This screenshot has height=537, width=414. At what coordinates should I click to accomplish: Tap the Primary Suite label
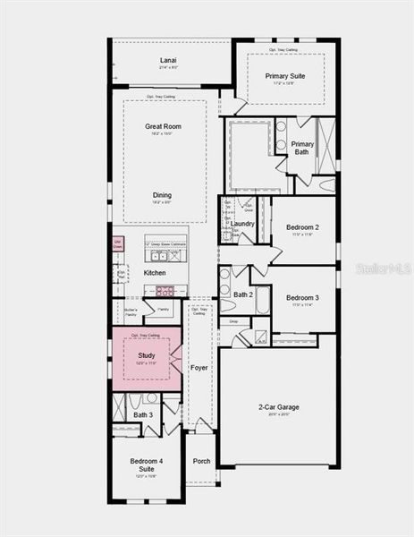[x=285, y=76]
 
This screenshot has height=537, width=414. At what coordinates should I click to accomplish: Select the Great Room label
[x=164, y=127]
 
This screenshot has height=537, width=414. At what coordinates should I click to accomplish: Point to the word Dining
[x=162, y=195]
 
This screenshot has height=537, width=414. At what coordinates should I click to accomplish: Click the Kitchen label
[x=155, y=272]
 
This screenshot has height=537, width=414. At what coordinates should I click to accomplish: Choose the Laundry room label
[x=242, y=224]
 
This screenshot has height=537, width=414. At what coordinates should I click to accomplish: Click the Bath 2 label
[x=243, y=294]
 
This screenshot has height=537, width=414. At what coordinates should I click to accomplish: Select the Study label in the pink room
[x=147, y=355]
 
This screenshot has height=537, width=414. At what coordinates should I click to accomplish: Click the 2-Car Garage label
[x=278, y=407]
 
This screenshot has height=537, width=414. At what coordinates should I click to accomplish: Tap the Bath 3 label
[x=143, y=414]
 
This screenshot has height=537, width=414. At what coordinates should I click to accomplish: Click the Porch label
[x=202, y=462]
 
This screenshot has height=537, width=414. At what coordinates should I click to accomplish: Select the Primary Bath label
[x=302, y=149]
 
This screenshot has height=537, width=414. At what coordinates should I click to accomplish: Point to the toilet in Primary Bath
[x=327, y=185]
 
